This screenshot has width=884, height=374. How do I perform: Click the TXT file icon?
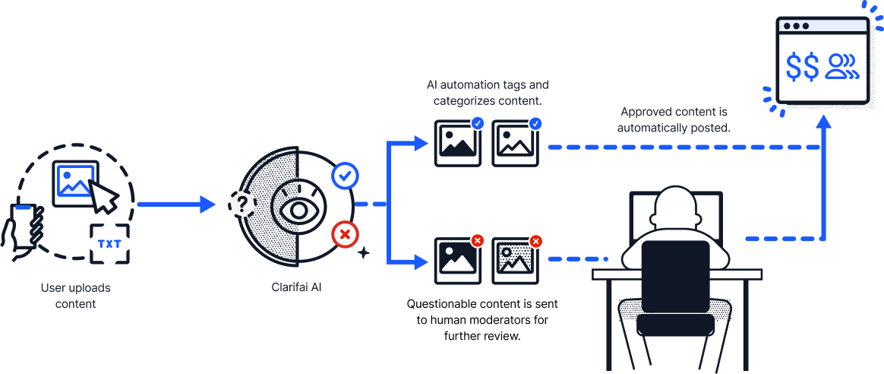click(109, 243)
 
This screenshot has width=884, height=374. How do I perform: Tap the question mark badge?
click(241, 204)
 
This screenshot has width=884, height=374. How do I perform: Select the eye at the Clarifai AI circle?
click(298, 210)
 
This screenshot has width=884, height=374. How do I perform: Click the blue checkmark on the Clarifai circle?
click(346, 176)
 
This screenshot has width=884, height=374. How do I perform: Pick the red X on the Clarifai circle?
click(346, 234)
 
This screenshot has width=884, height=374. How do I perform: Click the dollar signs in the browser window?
click(803, 67)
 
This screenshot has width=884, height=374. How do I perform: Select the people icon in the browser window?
click(843, 67)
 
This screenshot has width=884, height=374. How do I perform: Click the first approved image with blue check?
click(458, 142)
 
